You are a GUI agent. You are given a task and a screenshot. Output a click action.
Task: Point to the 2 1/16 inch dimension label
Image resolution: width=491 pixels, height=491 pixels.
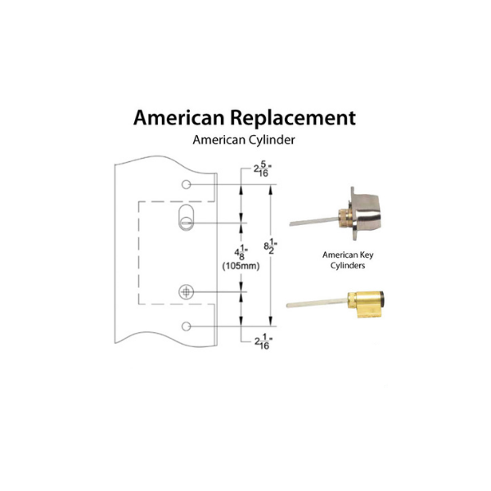click(x=243, y=339)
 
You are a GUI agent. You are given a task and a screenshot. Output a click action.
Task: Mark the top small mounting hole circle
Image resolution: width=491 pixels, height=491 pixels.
click(x=187, y=185)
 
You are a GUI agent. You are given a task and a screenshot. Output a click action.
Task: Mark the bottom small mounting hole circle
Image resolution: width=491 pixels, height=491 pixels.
click(x=187, y=327)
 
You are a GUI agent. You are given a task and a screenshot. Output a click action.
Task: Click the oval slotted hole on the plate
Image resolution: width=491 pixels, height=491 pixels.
click(x=186, y=218)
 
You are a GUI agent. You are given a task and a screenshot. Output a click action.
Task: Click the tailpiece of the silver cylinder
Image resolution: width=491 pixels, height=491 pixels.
click(x=311, y=219)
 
